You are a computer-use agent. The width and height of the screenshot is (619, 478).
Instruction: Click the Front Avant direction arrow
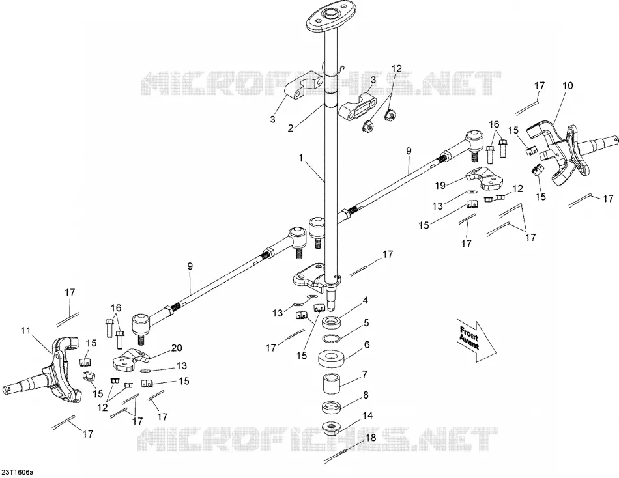tap(476, 340)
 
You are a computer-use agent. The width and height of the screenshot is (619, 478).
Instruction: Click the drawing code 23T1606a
tap(18, 472)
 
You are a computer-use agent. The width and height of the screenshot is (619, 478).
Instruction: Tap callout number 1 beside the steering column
tap(301, 158)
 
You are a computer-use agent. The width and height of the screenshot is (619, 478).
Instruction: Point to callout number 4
tap(365, 301)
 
